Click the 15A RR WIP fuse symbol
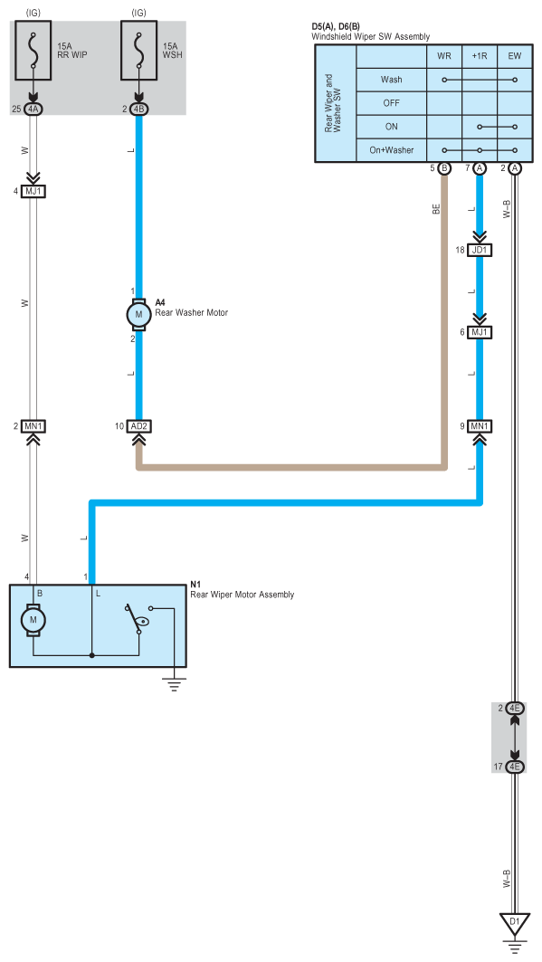pyautogui.click(x=33, y=51)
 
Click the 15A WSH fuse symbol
pyautogui.click(x=138, y=51)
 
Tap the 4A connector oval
pyautogui.click(x=33, y=110)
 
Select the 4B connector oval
pyautogui.click(x=138, y=110)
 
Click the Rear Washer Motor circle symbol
pyautogui.click(x=138, y=315)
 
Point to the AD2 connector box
pyautogui.click(x=138, y=425)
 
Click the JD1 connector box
pyautogui.click(x=480, y=250)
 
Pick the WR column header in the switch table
pyautogui.click(x=444, y=56)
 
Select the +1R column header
pyautogui.click(x=480, y=56)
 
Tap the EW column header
pyautogui.click(x=515, y=56)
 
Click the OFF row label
pyautogui.click(x=391, y=103)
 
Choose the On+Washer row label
pyautogui.click(x=391, y=149)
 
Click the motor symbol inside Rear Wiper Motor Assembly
pyautogui.click(x=33, y=620)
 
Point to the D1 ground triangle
pyautogui.click(x=515, y=922)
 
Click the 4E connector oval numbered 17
pyautogui.click(x=515, y=767)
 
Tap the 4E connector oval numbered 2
pyautogui.click(x=515, y=709)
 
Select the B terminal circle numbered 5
pyautogui.click(x=444, y=168)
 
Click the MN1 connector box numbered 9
pyautogui.click(x=480, y=425)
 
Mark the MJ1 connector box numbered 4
pyautogui.click(x=33, y=192)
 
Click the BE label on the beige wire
pyautogui.click(x=436, y=209)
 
